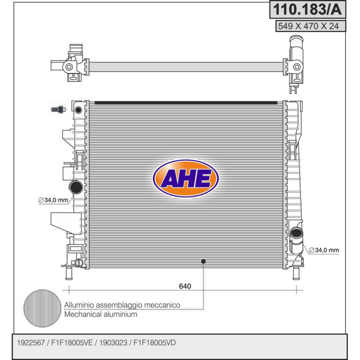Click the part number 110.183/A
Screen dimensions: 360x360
(x=307, y=9)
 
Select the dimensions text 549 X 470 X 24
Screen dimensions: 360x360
(x=308, y=26)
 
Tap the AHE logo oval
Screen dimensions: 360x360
(x=185, y=178)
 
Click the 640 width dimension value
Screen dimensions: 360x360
(x=185, y=286)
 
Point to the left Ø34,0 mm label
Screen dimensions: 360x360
(x=53, y=200)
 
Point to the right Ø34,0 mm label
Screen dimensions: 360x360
(x=324, y=250)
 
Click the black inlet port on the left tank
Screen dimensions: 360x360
(x=76, y=187)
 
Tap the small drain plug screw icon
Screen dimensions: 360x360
(x=58, y=109)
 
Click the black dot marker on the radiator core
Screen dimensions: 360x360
(x=203, y=261)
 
